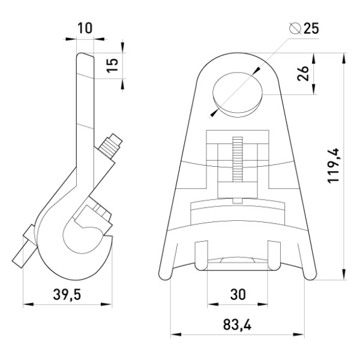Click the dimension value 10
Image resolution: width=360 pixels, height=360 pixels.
click(85, 28)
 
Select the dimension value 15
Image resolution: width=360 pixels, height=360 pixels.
click(113, 65)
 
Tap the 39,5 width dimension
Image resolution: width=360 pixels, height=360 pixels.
click(67, 295)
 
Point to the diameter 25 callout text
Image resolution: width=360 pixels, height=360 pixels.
click(304, 28)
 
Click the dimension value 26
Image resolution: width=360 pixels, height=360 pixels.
click(302, 73)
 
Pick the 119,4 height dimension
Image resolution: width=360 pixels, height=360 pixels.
click(333, 166)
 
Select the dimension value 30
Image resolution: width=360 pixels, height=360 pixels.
click(238, 295)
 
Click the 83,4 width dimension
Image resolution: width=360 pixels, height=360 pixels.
click(237, 325)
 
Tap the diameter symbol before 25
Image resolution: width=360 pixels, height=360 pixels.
click(295, 28)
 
